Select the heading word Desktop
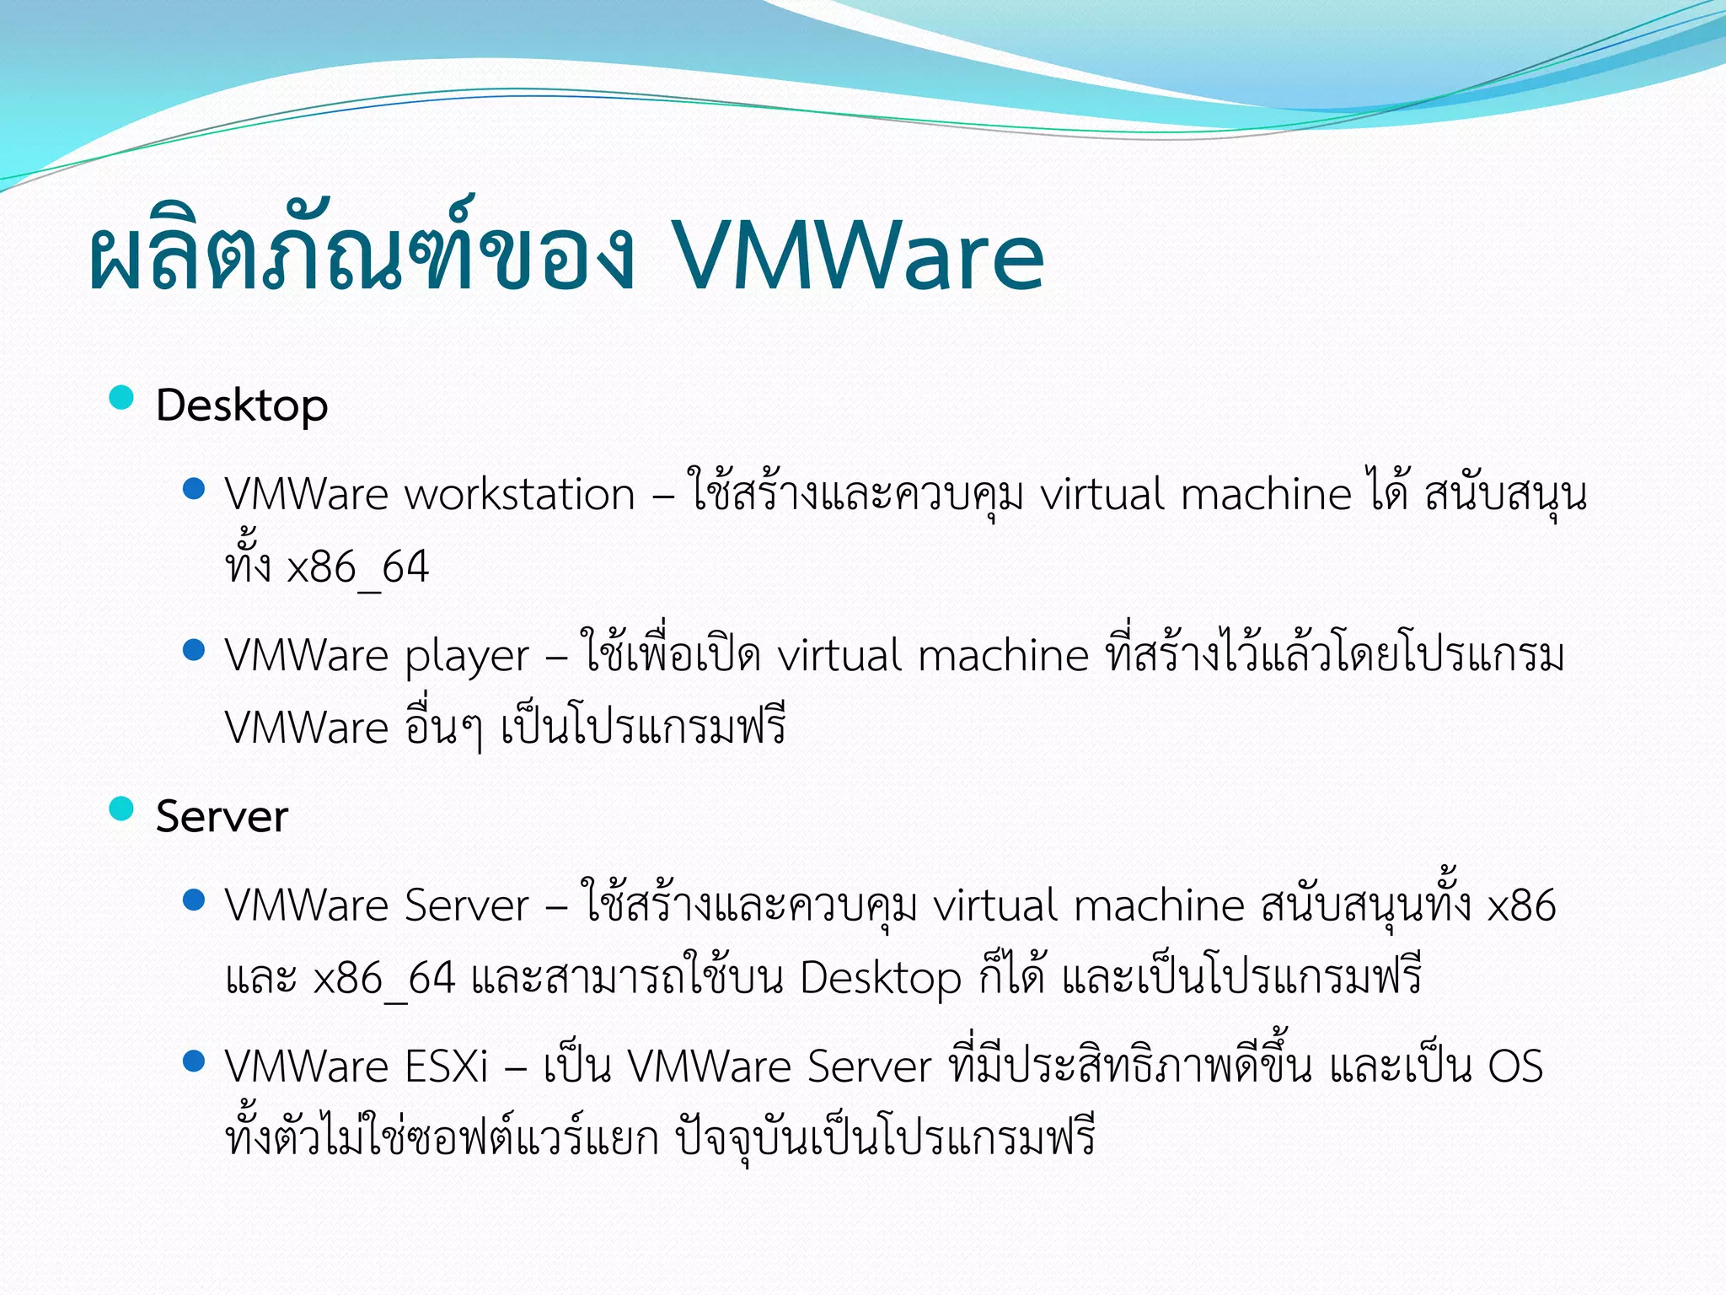tap(242, 406)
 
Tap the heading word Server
tap(222, 817)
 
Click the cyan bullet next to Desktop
tap(122, 397)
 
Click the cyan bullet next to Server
tap(122, 809)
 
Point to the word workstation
tap(519, 495)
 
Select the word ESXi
tap(446, 1067)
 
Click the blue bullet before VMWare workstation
tap(194, 488)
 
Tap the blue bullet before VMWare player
tap(194, 650)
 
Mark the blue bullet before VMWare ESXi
tap(194, 1061)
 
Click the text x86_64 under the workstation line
tap(358, 567)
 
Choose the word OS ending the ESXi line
tap(1515, 1067)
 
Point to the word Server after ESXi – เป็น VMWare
tap(869, 1067)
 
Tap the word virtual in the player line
tap(839, 657)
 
